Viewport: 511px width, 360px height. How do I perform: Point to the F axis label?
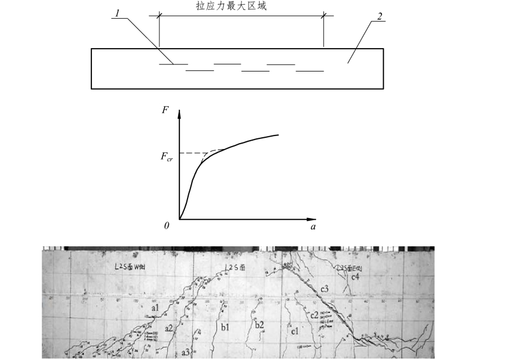[x=165, y=108]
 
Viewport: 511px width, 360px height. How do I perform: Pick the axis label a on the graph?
[x=314, y=226]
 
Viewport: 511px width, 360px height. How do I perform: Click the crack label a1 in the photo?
[x=155, y=307]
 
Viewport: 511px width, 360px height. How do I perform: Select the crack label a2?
[x=169, y=328]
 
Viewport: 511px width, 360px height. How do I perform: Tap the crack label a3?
[x=186, y=352]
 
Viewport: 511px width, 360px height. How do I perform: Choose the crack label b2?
[x=260, y=324]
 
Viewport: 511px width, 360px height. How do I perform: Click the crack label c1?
[x=295, y=331]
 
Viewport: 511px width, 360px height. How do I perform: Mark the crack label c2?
[x=315, y=315]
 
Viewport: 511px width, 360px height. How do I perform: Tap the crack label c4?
[x=355, y=276]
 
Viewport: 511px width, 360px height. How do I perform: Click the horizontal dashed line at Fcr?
[x=190, y=153]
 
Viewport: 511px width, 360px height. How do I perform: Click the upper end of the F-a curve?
[x=278, y=135]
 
